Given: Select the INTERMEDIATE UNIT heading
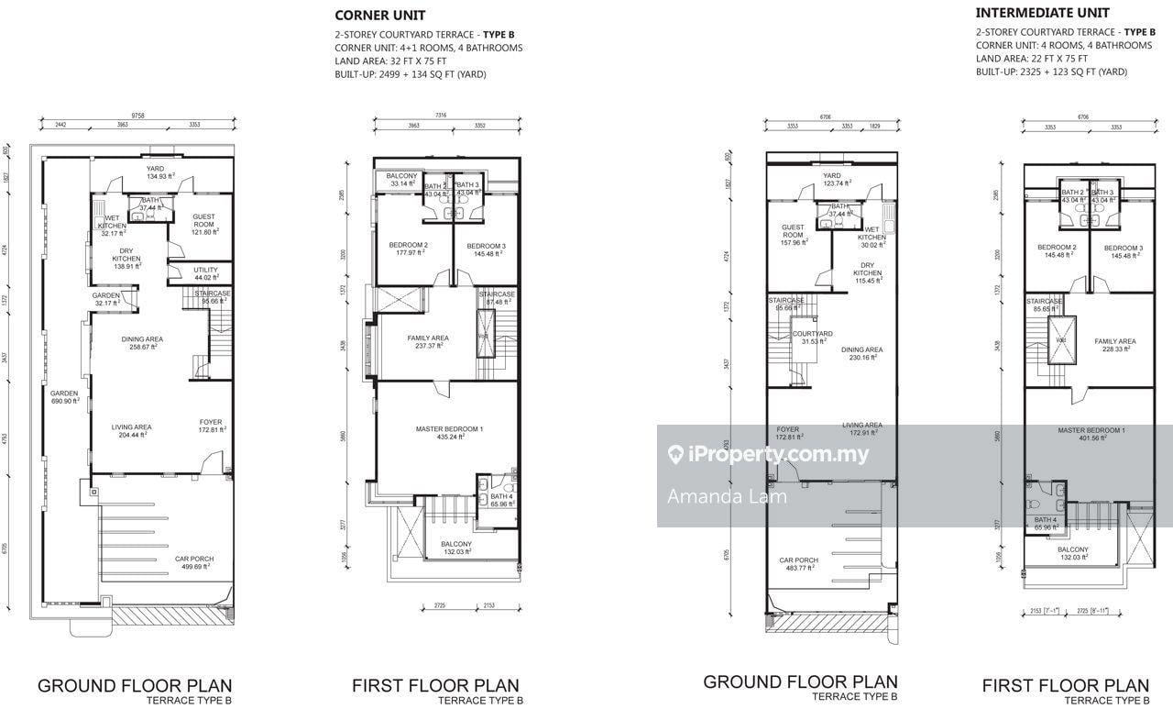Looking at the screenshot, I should [1029, 13].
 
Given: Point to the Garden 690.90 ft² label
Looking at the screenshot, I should [64, 396].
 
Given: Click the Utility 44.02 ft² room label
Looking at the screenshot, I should [206, 273].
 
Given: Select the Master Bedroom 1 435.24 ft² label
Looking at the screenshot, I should [436, 433].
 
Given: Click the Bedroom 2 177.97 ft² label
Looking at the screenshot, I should [408, 249].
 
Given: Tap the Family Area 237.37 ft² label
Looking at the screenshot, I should [428, 341].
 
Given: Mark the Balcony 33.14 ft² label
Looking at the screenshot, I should [400, 180].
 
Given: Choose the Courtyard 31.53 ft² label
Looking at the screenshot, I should [812, 338].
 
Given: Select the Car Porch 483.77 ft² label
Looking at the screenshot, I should [798, 564].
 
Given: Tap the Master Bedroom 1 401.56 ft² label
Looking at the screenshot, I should [1091, 434].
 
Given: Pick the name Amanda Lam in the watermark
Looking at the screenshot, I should [716, 497].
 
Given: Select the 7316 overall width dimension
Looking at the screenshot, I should [440, 116].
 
